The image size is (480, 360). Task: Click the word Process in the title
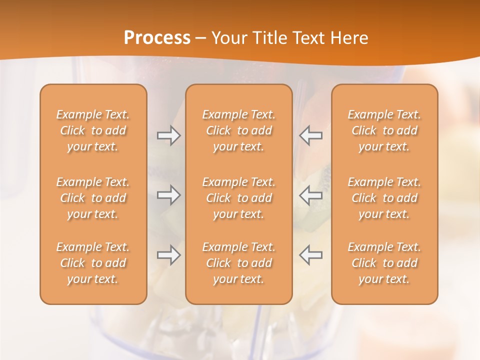tap(157, 37)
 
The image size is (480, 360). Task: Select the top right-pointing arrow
tap(169, 135)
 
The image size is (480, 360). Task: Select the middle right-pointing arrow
tap(169, 195)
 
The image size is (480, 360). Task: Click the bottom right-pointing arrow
tap(169, 255)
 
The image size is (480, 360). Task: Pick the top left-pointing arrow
tap(310, 135)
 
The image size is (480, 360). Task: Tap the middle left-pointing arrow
tap(310, 195)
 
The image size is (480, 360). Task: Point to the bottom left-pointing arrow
tap(310, 255)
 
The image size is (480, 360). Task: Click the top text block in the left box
tap(93, 130)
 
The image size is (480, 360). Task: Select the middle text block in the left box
tap(93, 198)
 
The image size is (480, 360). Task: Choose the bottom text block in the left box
tap(93, 263)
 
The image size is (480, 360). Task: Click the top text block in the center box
tap(238, 130)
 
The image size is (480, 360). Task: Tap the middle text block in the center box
tap(238, 198)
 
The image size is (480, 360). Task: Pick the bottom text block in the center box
tap(238, 263)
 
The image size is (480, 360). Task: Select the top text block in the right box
tap(384, 130)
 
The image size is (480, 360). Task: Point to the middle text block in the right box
tap(384, 198)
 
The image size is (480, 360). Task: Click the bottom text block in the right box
tap(384, 263)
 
